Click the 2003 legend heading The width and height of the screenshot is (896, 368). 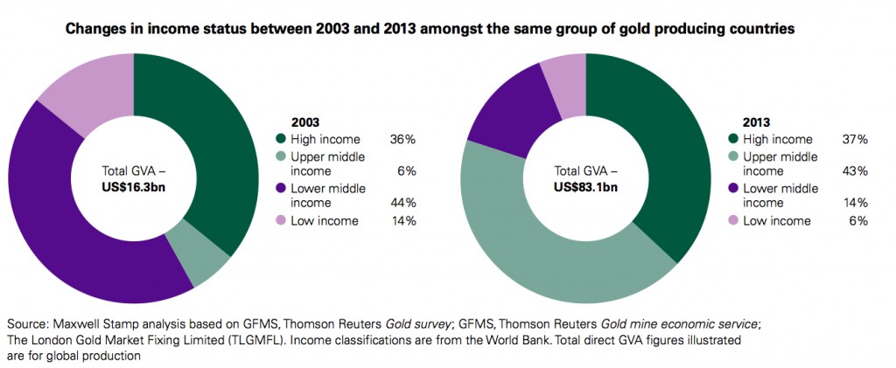[290, 123]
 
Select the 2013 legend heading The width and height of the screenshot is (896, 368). [743, 123]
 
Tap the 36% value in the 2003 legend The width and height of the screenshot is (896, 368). [402, 138]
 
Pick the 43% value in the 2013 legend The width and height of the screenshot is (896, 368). [855, 170]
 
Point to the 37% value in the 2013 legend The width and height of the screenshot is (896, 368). [855, 139]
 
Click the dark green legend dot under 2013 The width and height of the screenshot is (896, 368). [732, 139]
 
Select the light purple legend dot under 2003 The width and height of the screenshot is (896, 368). [280, 221]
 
